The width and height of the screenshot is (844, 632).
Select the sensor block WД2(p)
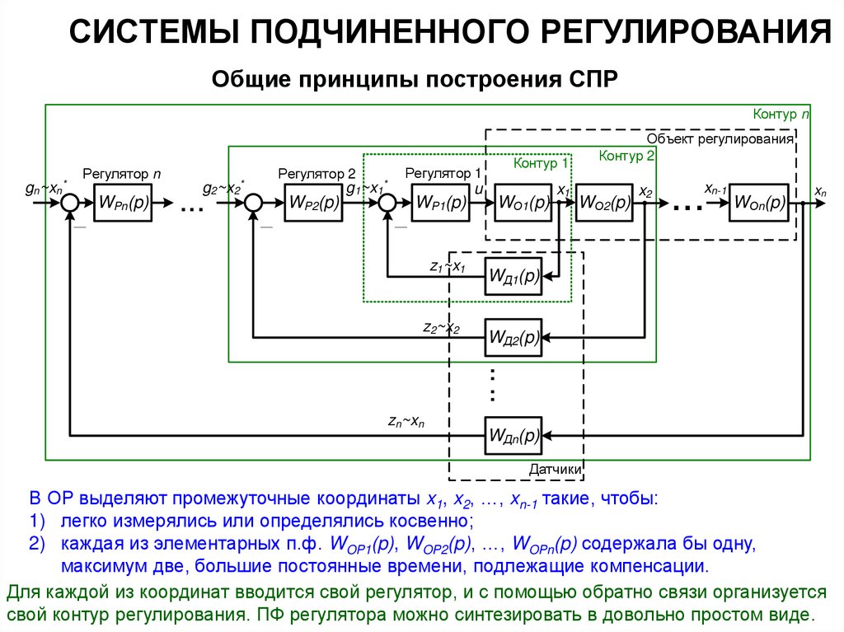coord(513,337)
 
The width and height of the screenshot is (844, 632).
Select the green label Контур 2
coord(626,156)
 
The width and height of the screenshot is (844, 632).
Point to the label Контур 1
coord(541,163)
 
